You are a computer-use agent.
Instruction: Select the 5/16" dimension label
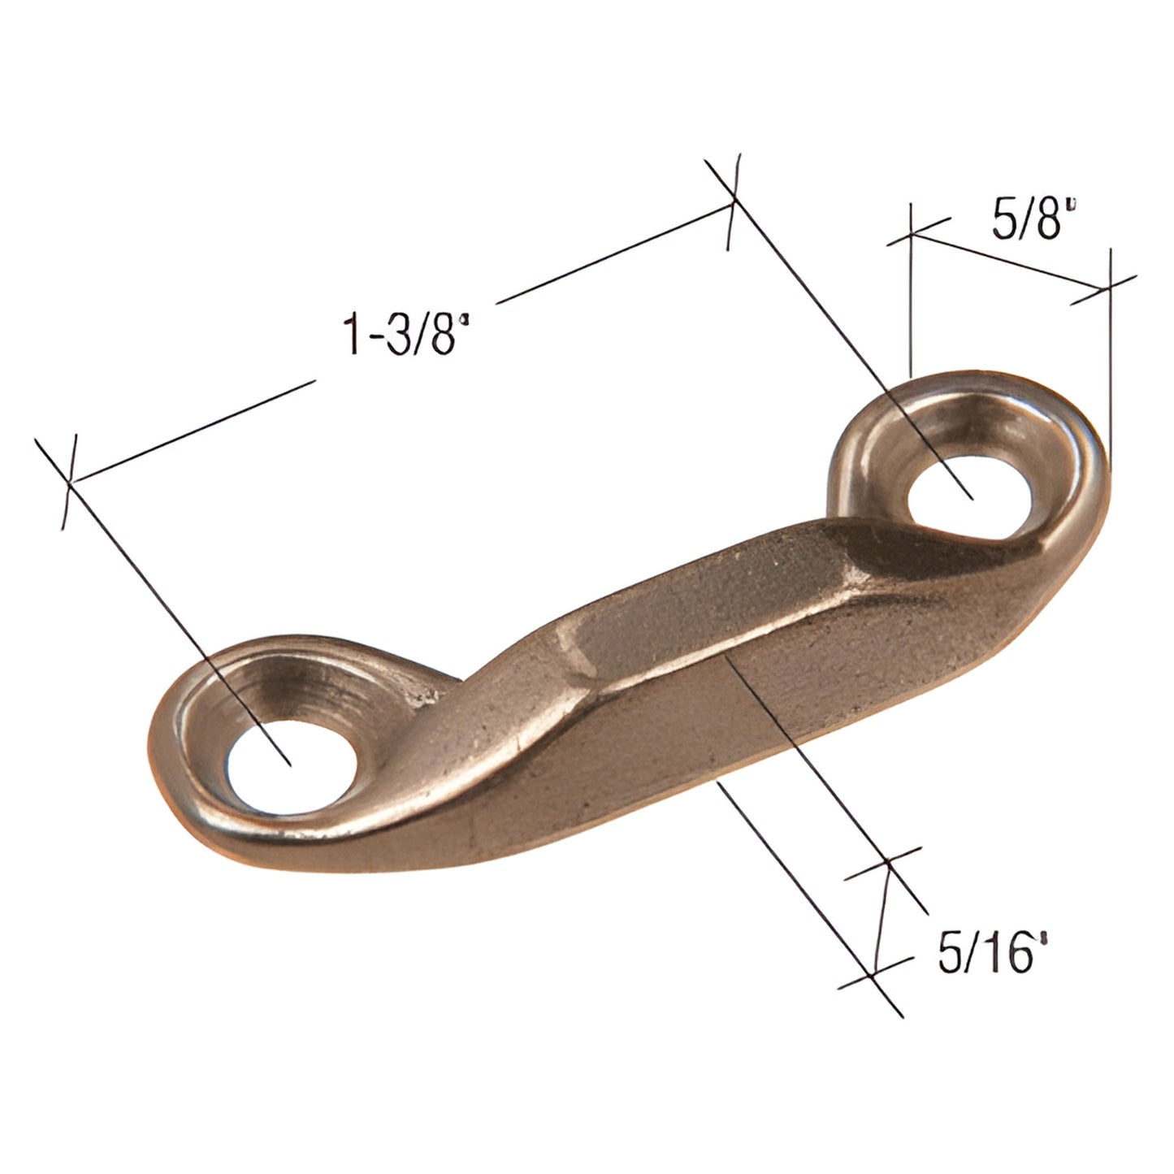click(990, 954)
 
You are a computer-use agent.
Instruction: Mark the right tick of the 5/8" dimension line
click(1109, 288)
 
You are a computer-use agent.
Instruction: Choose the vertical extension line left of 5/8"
click(911, 309)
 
